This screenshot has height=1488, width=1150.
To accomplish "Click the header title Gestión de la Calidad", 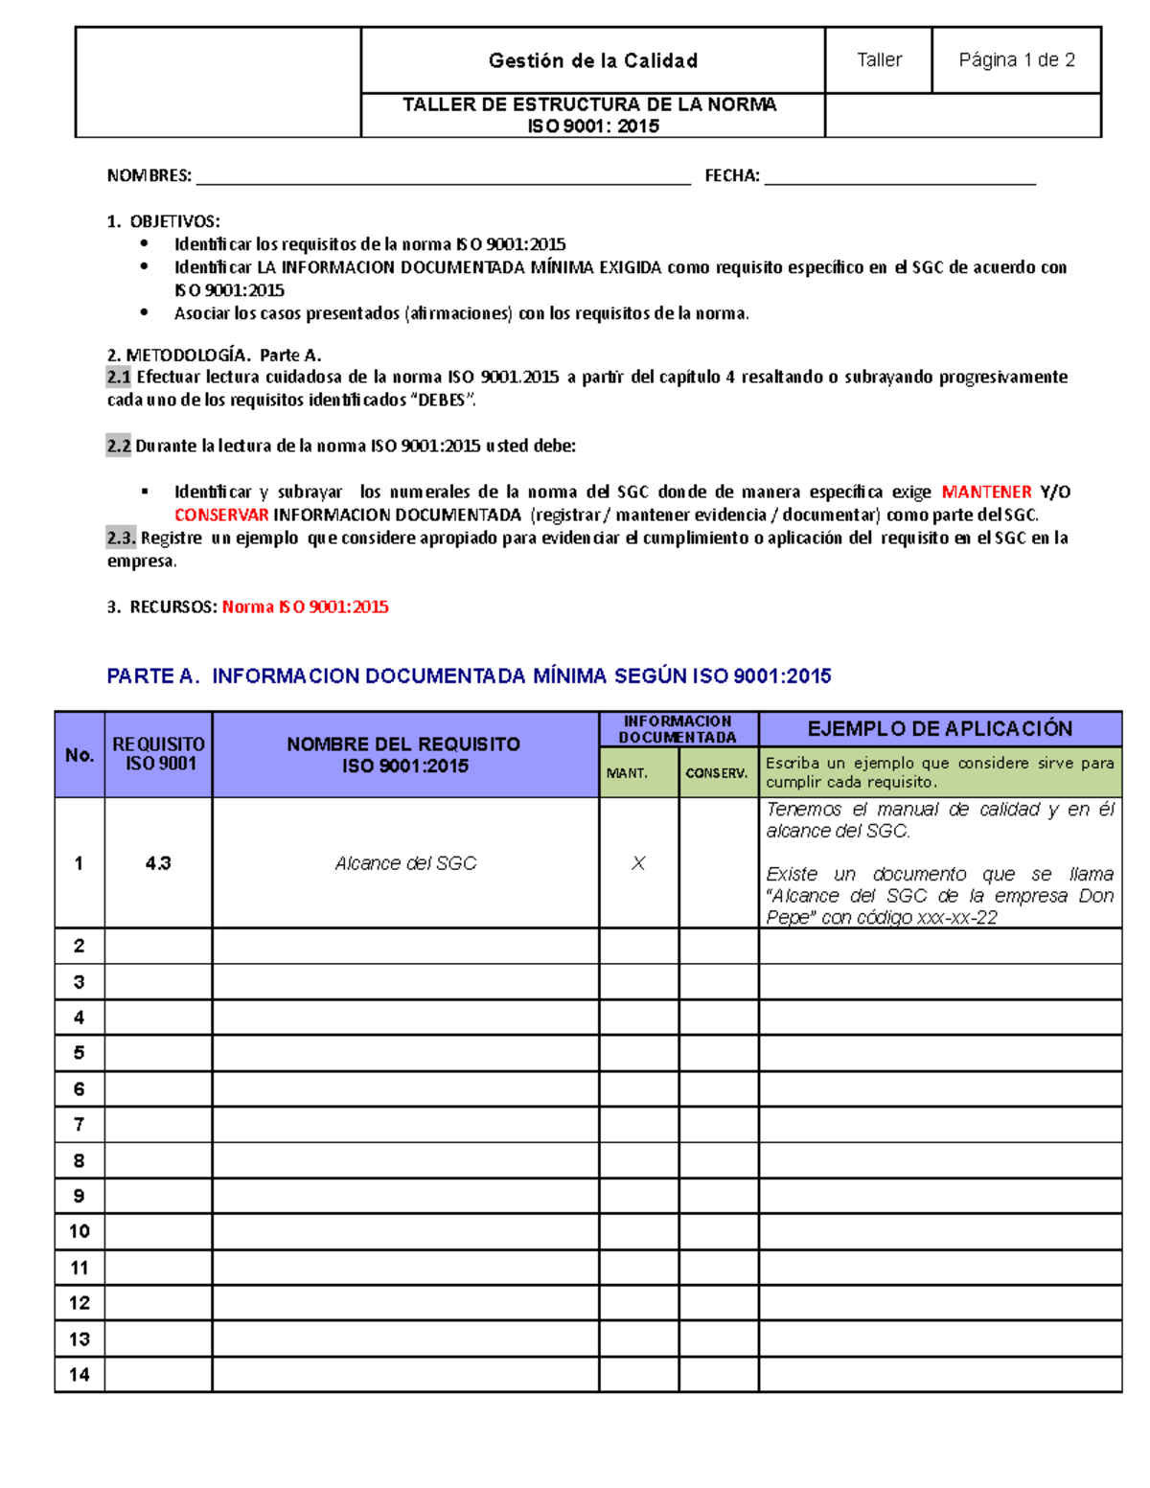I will [592, 60].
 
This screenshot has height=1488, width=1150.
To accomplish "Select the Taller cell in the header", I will [879, 60].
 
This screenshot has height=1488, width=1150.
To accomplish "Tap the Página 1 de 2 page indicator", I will [1017, 60].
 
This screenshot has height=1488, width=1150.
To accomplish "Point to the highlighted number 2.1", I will [119, 378].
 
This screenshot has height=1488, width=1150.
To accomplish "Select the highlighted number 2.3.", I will [121, 538].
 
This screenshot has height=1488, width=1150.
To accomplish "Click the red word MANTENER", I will [986, 492].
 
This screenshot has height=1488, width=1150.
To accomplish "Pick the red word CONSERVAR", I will [221, 515].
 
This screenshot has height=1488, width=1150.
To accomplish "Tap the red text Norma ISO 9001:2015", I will [305, 607].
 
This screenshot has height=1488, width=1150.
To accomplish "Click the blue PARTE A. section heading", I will [469, 676].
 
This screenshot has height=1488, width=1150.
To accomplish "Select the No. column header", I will [80, 755].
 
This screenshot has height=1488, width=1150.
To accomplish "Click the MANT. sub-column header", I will [628, 773].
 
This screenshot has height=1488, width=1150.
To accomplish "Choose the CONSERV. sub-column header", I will [717, 773].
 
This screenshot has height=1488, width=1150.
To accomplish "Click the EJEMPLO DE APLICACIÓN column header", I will [939, 729].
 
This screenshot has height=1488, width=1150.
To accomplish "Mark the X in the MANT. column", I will [638, 863].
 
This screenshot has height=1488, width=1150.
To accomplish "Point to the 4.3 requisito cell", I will [158, 863].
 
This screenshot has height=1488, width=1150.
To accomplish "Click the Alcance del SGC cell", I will [405, 863].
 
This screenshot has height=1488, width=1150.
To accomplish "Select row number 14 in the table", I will [80, 1375].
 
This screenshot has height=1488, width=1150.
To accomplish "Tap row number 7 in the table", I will [80, 1125].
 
